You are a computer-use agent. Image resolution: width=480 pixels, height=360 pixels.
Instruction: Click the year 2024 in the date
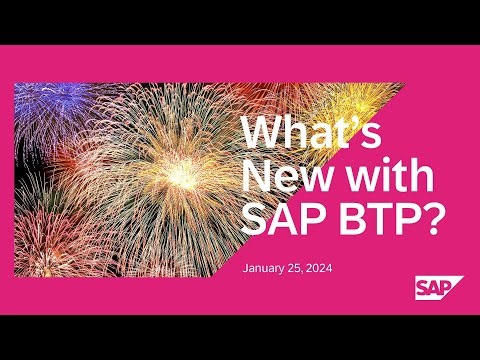[x=326, y=269]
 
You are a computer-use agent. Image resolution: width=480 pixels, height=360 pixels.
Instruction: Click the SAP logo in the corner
[x=438, y=288]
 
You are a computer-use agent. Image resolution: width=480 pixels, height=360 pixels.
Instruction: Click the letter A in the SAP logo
[x=437, y=289]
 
